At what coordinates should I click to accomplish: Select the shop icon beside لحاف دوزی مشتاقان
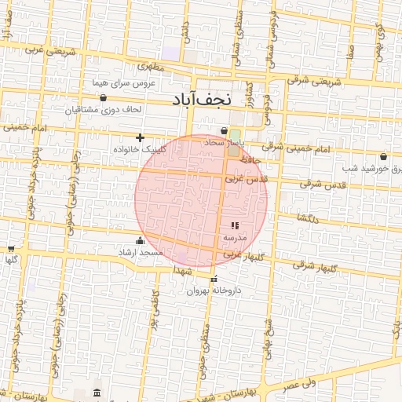pos(104,98)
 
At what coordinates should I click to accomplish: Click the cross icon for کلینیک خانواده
pos(141,138)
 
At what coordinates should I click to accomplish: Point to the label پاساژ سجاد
pos(225,144)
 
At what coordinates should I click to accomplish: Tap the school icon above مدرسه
pos(235,225)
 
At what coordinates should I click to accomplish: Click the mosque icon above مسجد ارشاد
pos(140,240)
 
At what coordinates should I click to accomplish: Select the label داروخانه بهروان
pos(213,291)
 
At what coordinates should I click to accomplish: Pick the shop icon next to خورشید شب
pos(383,156)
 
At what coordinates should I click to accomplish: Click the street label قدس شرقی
pos(323,185)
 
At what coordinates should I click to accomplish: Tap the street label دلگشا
pos(307,218)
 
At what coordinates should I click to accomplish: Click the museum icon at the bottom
pos(97,392)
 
